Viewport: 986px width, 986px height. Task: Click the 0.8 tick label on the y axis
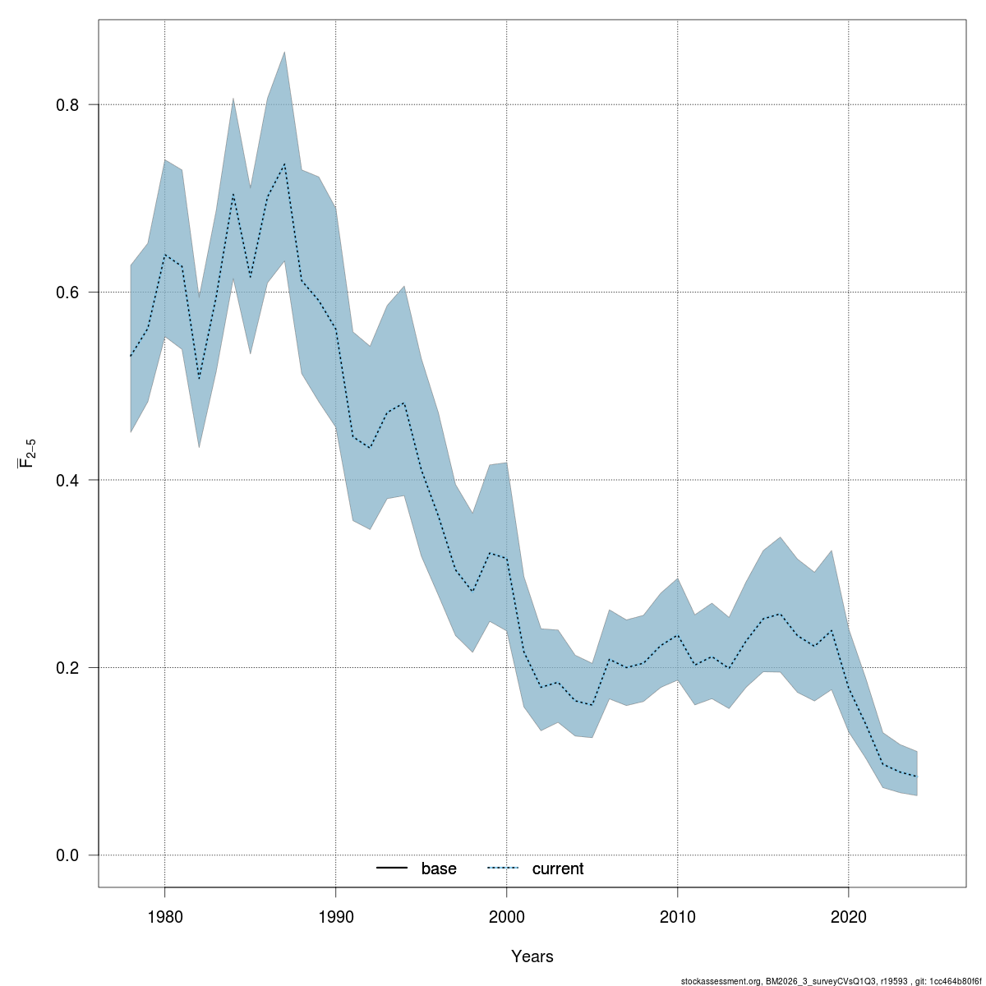[x=67, y=105]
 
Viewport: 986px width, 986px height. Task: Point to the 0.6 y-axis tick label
[x=67, y=293]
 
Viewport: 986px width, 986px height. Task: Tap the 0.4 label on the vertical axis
[x=67, y=480]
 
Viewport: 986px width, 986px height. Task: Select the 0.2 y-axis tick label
[x=67, y=667]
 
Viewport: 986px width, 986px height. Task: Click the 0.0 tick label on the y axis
[x=67, y=855]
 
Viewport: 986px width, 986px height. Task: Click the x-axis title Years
[x=532, y=956]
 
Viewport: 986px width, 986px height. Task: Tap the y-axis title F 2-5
[x=27, y=453]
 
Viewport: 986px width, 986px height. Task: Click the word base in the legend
[x=439, y=869]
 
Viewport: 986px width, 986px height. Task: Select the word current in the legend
[x=558, y=869]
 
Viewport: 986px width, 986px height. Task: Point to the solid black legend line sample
[x=393, y=869]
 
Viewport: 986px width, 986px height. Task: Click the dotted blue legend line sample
[x=503, y=869]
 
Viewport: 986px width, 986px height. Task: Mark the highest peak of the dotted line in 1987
[x=284, y=164]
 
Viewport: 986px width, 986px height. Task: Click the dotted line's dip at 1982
[x=199, y=379]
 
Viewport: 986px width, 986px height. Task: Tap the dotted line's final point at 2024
[x=916, y=776]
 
